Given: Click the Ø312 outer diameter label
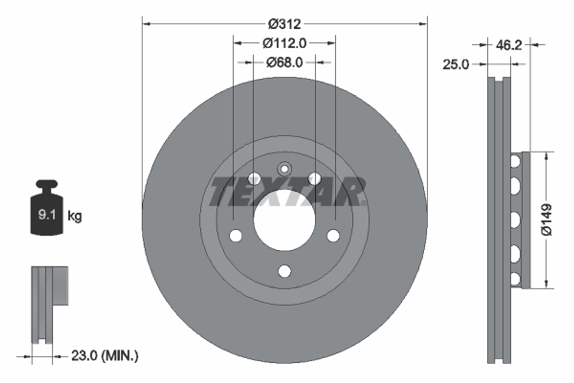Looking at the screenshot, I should pos(285,24).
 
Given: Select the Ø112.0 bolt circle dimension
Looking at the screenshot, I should pos(285,42).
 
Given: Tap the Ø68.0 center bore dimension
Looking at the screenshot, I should pos(284,61).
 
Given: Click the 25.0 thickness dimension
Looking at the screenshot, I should pos(456,64).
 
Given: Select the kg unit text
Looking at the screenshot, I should pos(75,216).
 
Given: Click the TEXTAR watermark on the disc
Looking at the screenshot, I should pos(287,192).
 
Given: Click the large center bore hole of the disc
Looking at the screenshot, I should pos(285,220).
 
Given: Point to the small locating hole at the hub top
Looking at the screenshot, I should pos(285,169).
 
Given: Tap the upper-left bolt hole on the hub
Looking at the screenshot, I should pos(254,179).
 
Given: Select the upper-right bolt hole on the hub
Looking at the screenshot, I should pos(315,179).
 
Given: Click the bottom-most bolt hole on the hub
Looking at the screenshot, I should pos(285,271).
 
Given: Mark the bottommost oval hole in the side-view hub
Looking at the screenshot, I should pos(515,278).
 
